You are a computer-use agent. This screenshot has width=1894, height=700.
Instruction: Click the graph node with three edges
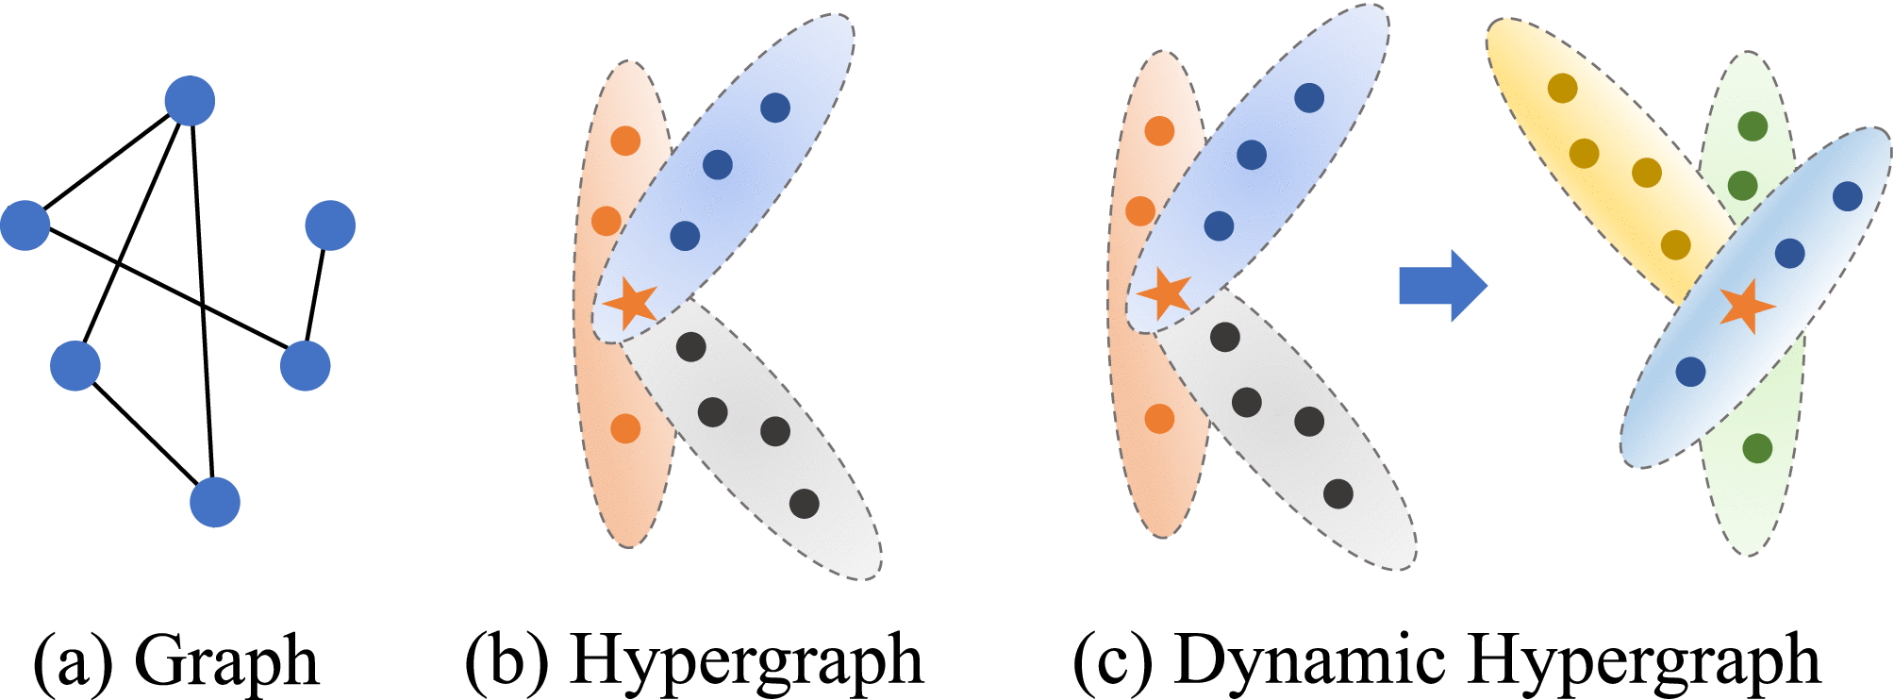coord(190,101)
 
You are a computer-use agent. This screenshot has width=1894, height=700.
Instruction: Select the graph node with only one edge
coord(330,225)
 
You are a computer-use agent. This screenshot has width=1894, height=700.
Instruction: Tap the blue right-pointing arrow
coord(1442,285)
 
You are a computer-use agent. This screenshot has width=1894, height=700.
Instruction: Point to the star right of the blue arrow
coord(1747,306)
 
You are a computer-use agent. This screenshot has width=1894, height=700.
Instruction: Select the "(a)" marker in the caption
coord(71,660)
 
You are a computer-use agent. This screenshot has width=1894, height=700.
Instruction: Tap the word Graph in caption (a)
coord(226,660)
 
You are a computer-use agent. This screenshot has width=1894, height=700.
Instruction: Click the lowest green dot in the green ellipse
coord(1756,448)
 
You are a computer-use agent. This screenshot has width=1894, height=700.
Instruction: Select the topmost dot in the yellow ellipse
coord(1563,89)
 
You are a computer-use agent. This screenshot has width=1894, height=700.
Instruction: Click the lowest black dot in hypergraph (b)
coord(804,504)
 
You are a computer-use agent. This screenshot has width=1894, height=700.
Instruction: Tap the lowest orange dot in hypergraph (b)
coord(625,428)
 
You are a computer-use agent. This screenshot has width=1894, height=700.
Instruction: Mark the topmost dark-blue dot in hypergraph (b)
coord(774,108)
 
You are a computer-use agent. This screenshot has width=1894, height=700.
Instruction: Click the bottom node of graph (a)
coord(215,502)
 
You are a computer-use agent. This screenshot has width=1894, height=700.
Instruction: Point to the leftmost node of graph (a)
coord(25,225)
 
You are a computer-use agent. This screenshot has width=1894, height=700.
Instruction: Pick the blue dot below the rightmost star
coord(1690,372)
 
